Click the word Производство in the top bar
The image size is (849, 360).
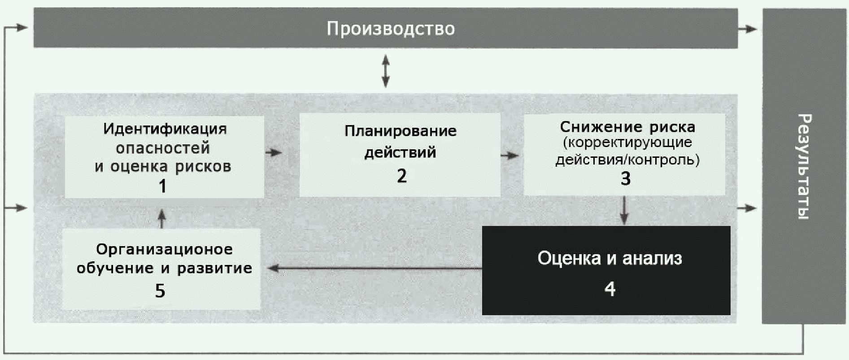tap(391, 29)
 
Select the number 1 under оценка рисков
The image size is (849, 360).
tap(162, 186)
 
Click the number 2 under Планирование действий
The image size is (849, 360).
tap(401, 176)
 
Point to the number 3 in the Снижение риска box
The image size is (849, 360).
tap(626, 179)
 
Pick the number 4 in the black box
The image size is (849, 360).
tap(610, 289)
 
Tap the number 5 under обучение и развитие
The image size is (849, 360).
tap(160, 291)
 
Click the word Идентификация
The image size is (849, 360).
tap(165, 129)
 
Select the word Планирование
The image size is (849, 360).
tap(401, 131)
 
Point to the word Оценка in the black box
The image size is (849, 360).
tap(563, 258)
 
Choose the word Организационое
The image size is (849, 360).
tap(164, 249)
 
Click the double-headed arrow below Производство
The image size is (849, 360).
tap(385, 71)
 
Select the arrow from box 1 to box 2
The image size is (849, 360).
tap(274, 152)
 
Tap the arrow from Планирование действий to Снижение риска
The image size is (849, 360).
tap(509, 156)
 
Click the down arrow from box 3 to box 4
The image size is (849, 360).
tap(624, 211)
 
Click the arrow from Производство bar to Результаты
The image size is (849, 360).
tap(748, 29)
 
